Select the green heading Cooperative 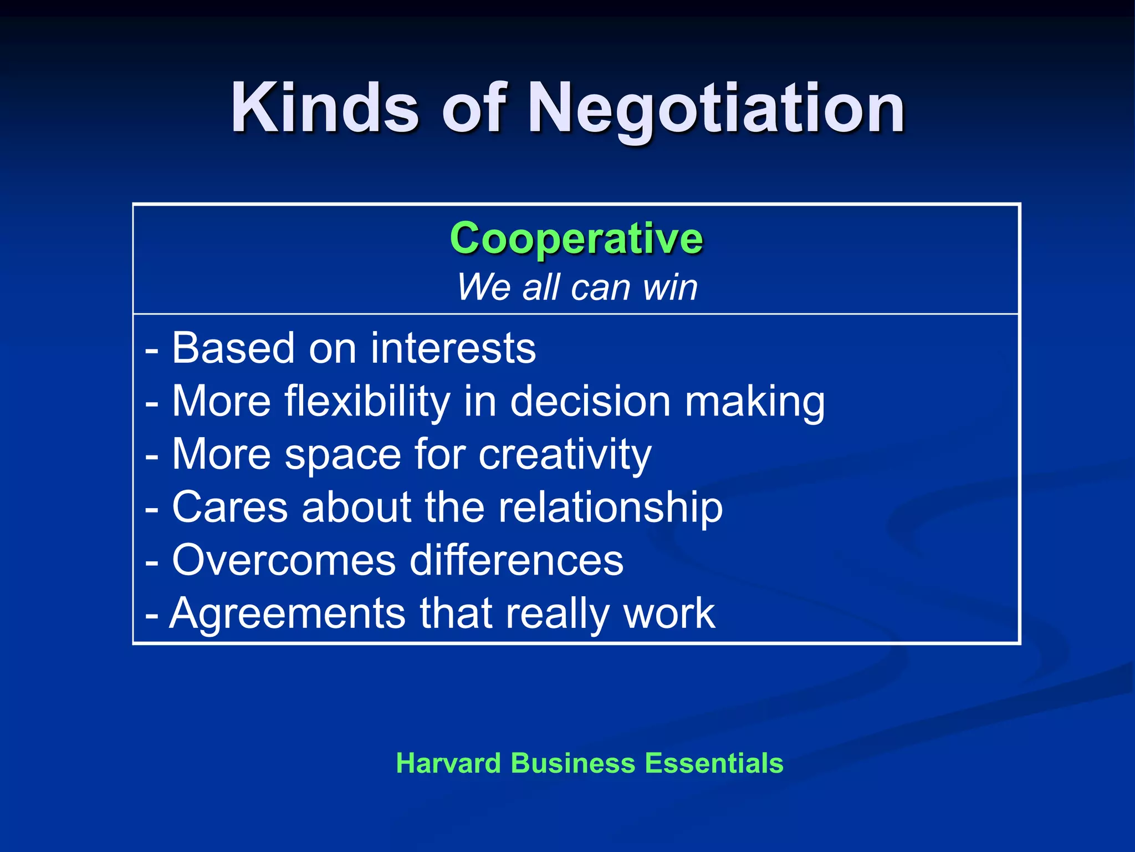[576, 238]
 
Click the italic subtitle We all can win [577, 287]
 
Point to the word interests [453, 348]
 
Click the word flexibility [367, 402]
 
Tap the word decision [590, 402]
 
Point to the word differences [517, 560]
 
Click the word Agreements [287, 614]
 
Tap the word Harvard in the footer [448, 763]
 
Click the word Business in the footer [573, 763]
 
